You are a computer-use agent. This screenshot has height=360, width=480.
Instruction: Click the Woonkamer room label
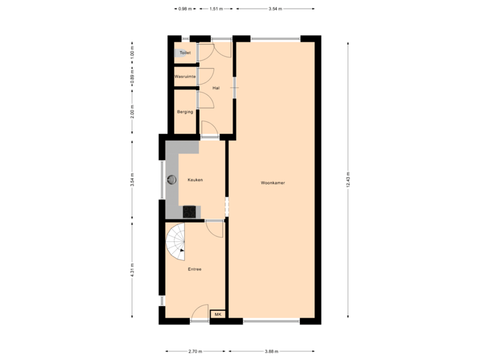(273, 182)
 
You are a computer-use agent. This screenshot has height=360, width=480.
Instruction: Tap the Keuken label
(195, 180)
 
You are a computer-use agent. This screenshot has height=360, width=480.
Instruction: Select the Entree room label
(195, 269)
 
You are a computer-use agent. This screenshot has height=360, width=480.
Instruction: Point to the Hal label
(215, 88)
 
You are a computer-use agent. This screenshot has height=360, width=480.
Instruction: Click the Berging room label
(185, 111)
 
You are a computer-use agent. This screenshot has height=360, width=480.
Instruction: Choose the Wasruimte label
(185, 77)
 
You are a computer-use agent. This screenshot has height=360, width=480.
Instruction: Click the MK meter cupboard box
(217, 314)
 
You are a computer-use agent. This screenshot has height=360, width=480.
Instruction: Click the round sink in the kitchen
(172, 179)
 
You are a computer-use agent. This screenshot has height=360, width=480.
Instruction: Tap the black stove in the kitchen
(191, 211)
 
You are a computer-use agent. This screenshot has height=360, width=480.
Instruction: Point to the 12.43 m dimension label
(348, 180)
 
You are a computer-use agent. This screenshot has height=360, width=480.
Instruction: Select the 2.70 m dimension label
(195, 351)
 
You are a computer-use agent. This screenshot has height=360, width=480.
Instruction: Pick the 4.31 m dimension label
(133, 270)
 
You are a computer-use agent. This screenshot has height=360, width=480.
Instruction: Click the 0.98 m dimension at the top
(185, 9)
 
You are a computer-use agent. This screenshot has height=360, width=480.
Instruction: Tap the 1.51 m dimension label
(215, 9)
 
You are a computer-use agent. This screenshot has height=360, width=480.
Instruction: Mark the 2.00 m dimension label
(133, 111)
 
